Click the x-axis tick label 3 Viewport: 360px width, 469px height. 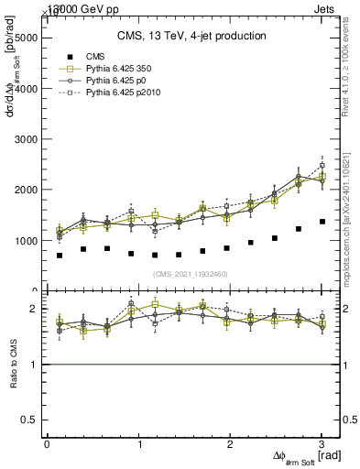(322, 443)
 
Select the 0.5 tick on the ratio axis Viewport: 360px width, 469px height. (29, 420)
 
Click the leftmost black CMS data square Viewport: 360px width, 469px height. (60, 256)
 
